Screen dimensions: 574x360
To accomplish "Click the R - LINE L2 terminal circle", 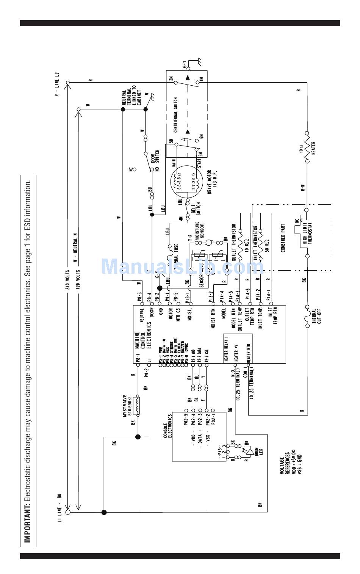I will click(68, 82).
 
